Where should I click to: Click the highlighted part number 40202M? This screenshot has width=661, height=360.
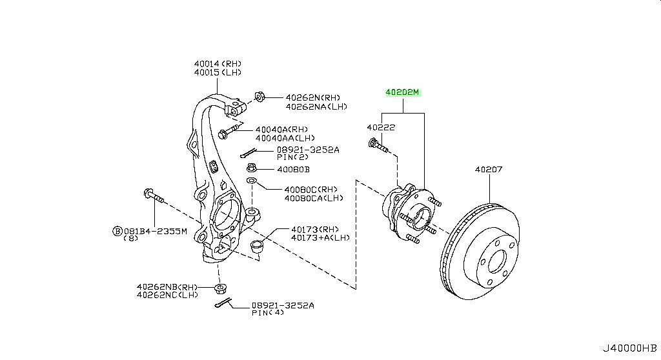coord(403,92)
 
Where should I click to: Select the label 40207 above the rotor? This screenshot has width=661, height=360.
coord(489,170)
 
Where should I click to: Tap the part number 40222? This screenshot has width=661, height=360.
coord(381,128)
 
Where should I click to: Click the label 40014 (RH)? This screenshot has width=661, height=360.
coord(218,63)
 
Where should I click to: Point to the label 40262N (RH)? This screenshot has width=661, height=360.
coord(313,97)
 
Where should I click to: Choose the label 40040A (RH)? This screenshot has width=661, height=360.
coord(281,129)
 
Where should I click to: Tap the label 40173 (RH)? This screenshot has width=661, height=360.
coord(314,228)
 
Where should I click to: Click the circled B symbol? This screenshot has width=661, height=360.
coord(117,230)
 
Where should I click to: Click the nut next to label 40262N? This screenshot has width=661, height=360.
coord(259,97)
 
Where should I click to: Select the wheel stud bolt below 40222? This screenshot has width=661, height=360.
coord(378,146)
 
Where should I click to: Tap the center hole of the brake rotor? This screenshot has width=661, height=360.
coord(497,261)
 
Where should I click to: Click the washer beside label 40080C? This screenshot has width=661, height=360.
coord(252,179)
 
